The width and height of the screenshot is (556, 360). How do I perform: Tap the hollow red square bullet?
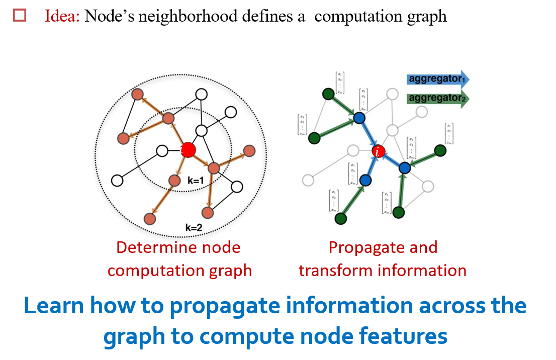point(20,16)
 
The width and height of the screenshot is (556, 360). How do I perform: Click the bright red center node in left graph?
point(188,149)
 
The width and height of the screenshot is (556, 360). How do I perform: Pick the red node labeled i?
point(379,150)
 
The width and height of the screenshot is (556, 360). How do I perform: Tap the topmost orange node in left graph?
point(137,94)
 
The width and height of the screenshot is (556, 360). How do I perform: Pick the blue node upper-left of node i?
point(359,118)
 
